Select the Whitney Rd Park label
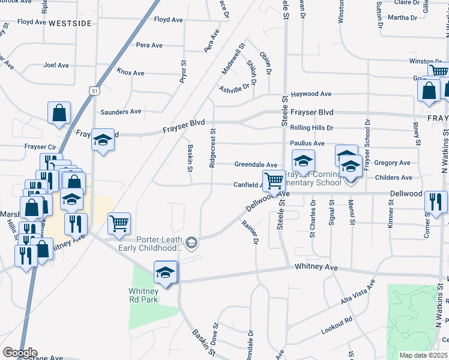pos(143,295)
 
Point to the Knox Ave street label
pos(131,73)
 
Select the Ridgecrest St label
pos(212,148)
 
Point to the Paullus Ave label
pos(307,143)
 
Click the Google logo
pos(20,353)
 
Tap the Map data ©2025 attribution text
pos(423,355)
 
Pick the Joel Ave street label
pos(57,65)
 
